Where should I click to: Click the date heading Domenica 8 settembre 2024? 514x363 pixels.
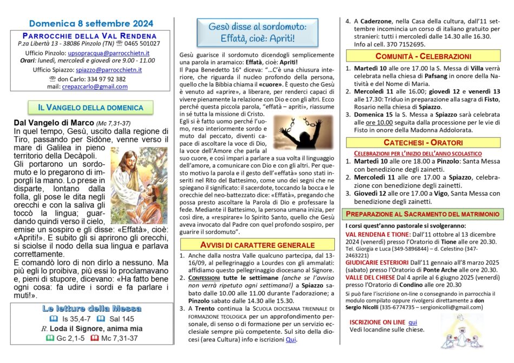pyautogui.click(x=91, y=23)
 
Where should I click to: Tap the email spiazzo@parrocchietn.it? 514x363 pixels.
pyautogui.click(x=107, y=70)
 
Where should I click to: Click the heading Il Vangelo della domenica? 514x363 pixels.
pyautogui.click(x=91, y=107)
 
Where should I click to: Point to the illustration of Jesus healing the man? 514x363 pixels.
pyautogui.click(x=139, y=177)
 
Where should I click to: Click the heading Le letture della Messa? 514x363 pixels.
pyautogui.click(x=91, y=309)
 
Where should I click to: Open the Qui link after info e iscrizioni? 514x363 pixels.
pyautogui.click(x=291, y=340)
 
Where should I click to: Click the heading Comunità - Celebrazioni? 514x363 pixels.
pyautogui.click(x=424, y=56)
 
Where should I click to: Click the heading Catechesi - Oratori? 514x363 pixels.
pyautogui.click(x=424, y=143)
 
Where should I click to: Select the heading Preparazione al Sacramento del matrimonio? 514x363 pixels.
pyautogui.click(x=424, y=213)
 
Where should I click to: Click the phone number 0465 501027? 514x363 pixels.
pyautogui.click(x=142, y=43)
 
